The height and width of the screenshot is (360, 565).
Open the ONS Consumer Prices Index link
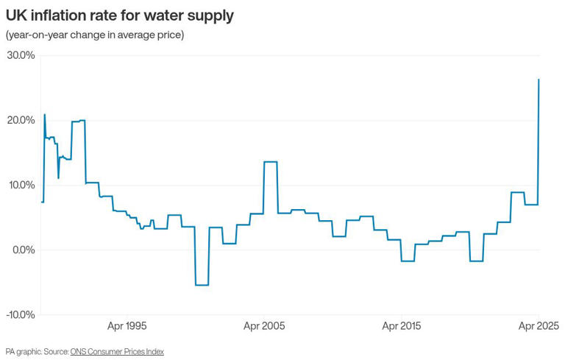tap(117, 352)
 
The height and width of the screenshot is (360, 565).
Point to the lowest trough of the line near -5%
tap(202, 285)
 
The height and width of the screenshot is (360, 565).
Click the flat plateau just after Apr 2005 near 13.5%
tap(270, 161)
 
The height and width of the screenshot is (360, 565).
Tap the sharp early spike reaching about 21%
tap(45, 115)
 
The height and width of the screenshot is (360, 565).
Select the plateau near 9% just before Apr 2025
tap(517, 192)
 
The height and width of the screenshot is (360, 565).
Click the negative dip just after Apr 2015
tap(408, 261)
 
